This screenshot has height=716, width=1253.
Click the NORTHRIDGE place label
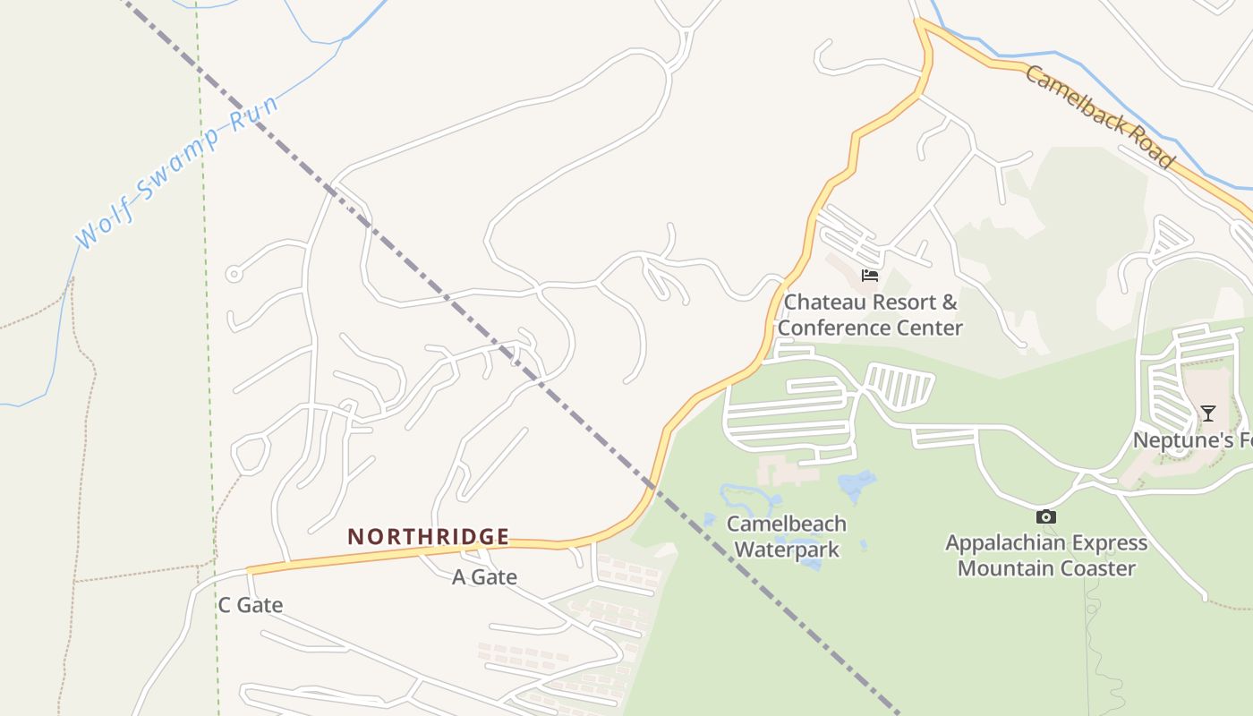point(428,537)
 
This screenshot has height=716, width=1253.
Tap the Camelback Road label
point(1098,116)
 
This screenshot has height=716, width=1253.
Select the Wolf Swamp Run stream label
point(176,170)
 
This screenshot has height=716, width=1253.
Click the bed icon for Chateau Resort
point(869,275)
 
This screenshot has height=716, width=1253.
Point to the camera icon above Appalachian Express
point(1045,516)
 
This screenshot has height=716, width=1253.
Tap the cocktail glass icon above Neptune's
point(1207,413)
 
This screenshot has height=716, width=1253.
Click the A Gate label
point(484,577)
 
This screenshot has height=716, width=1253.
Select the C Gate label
point(251,606)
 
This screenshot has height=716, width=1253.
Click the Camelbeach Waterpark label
point(787,536)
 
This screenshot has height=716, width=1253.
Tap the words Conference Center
point(870,328)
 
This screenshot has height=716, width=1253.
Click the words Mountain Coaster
point(1046,568)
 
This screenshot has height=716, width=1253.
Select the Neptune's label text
point(1190,440)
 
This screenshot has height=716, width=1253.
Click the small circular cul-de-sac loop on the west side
point(234,274)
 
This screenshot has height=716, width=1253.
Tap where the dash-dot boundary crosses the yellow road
point(653,487)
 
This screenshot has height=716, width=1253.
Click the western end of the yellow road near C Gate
point(251,570)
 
